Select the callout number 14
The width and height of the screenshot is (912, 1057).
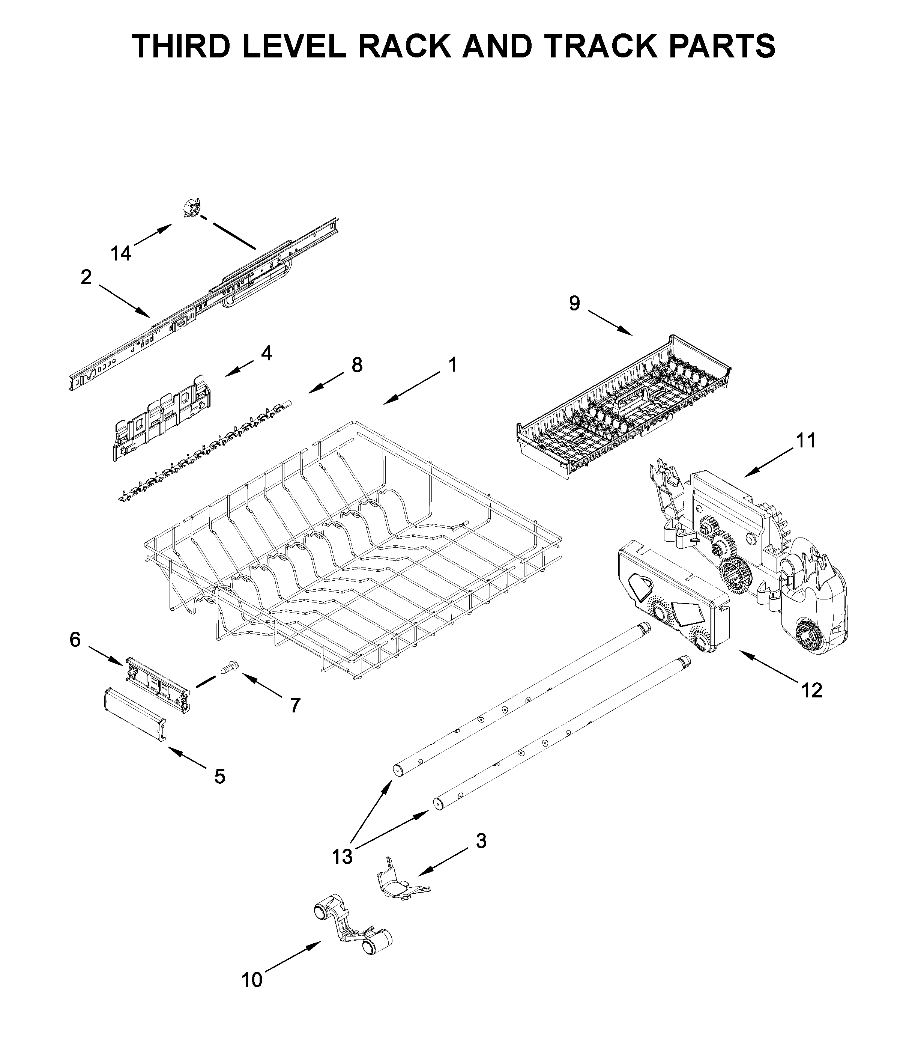(121, 253)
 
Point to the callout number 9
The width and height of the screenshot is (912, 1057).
(574, 304)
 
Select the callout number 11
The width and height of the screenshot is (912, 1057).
(806, 440)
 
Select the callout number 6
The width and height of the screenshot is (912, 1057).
(75, 640)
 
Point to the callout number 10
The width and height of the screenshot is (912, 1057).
(252, 980)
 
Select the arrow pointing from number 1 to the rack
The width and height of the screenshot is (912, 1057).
(411, 390)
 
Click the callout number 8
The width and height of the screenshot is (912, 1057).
(357, 365)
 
